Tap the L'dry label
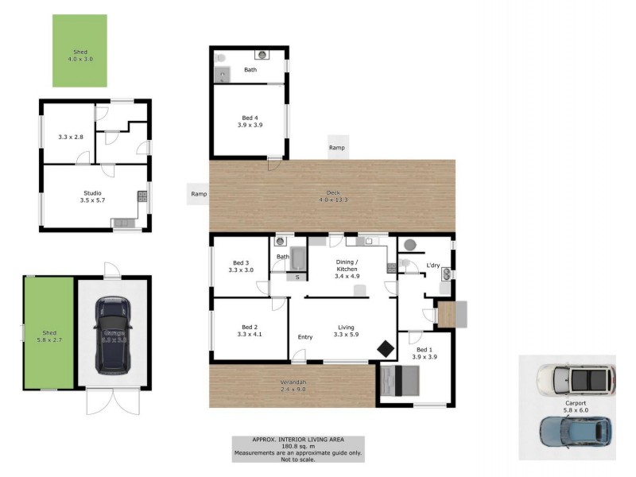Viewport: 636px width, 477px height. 433,265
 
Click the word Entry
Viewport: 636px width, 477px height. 305,337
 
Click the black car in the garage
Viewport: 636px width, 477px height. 112,335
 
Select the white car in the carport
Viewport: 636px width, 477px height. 575,381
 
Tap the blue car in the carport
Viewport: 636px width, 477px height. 576,431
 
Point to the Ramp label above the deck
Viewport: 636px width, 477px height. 337,148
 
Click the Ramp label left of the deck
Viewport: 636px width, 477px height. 199,193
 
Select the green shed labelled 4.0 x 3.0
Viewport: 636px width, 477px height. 79,50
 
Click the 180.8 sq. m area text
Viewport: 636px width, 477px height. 298,446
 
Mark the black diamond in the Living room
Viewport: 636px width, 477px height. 385,349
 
